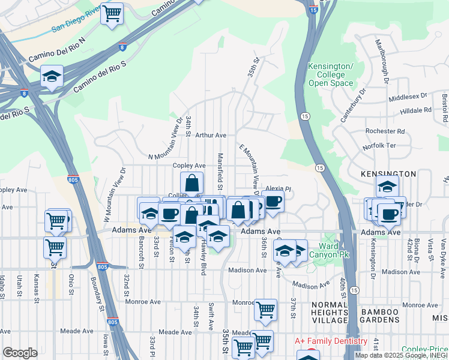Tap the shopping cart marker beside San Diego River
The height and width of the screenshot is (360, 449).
pos(112,14)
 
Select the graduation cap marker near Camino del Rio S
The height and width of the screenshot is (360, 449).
pos(52,77)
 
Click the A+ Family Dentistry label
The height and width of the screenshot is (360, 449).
pos(331,341)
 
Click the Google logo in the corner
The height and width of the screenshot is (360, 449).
pos(20,352)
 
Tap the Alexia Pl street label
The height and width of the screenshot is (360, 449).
pos(278,188)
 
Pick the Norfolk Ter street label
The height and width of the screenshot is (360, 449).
pos(379,146)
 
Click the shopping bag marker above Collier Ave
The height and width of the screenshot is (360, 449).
pos(191,183)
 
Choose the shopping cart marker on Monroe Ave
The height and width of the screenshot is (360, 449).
pos(265,310)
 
